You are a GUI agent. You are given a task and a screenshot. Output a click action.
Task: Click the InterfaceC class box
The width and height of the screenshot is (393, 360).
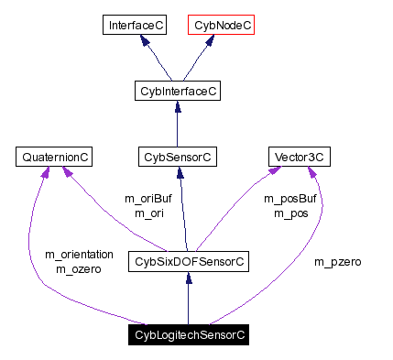pos(134,26)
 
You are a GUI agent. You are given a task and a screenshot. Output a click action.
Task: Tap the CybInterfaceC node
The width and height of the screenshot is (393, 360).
pos(177,92)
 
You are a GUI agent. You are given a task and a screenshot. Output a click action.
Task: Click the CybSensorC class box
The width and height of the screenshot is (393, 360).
pos(177,158)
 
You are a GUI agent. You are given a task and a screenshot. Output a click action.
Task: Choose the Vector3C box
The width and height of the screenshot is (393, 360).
pos(299,158)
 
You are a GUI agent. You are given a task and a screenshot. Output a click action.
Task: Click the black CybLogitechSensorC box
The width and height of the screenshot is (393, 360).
pos(189,335)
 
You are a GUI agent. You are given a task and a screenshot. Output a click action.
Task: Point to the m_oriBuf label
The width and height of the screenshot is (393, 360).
pos(147,199)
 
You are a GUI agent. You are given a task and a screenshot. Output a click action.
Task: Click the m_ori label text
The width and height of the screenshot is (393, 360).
pos(147,213)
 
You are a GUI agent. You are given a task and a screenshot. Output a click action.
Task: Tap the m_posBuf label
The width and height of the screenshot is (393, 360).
pos(289,199)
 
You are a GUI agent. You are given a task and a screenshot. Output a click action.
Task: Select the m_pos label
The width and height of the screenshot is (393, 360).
pos(289,213)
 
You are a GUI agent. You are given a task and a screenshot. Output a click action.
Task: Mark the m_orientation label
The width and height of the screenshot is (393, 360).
pos(79,255)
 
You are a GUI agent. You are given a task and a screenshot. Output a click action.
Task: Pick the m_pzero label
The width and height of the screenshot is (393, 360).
pos(338,262)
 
